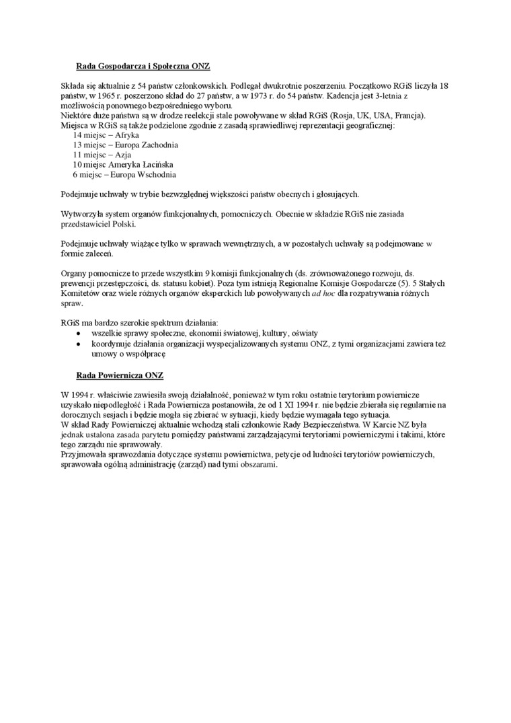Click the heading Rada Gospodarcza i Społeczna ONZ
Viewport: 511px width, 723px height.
144,66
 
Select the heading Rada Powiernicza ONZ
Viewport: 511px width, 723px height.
120,374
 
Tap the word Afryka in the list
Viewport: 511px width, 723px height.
127,135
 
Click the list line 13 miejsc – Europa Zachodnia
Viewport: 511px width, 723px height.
126,145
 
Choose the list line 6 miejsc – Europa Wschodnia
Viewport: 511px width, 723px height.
124,174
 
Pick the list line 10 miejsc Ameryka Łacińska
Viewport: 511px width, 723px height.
123,164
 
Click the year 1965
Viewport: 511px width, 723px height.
98,96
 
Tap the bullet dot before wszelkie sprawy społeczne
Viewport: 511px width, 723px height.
79,333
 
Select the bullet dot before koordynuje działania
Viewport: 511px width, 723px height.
79,343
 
